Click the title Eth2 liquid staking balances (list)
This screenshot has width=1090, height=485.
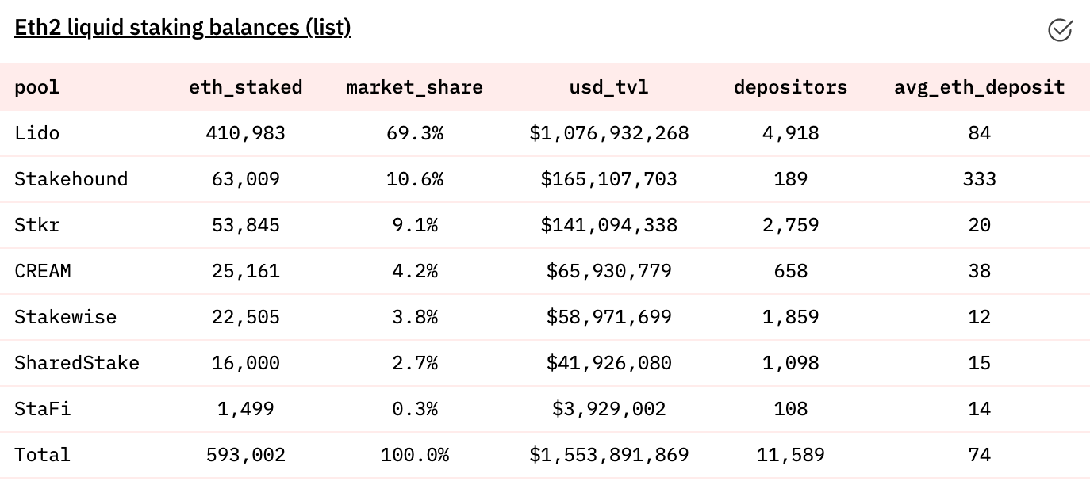pos(182,28)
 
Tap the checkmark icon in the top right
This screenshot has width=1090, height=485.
pos(1060,31)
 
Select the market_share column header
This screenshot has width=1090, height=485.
pos(415,87)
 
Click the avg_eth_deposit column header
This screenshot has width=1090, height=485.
pos(980,87)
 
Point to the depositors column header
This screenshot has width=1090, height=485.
pos(791,87)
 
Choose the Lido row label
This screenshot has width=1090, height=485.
pos(37,133)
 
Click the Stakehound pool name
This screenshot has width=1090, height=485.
pos(71,179)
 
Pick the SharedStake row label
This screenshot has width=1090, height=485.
pos(77,363)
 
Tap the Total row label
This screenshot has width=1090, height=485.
pos(42,455)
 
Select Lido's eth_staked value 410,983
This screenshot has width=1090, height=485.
pos(246,133)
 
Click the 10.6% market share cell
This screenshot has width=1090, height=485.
pos(415,179)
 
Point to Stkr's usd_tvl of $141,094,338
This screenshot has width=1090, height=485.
pos(609,225)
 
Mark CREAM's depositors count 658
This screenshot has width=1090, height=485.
pos(791,271)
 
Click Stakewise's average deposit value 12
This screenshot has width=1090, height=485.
pos(980,317)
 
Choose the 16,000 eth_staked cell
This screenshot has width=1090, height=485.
pos(246,363)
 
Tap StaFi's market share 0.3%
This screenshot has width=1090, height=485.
pos(415,409)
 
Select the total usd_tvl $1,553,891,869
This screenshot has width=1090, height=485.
pos(609,455)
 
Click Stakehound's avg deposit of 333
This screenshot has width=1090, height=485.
pos(980,179)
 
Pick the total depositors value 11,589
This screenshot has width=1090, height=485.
pos(791,455)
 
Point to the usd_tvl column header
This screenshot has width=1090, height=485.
pos(609,87)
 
